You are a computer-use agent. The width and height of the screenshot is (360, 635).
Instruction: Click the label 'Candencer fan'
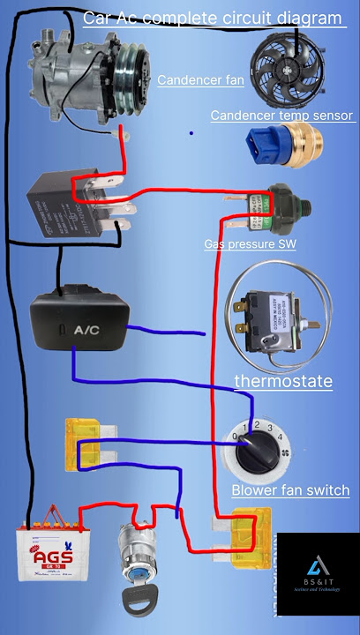pos(199,81)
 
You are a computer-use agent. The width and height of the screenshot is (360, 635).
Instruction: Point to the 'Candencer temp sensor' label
pos(281,116)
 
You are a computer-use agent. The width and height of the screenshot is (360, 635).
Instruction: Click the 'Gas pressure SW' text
pos(250,244)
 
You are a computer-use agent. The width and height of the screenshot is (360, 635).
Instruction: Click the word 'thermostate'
pos(283,381)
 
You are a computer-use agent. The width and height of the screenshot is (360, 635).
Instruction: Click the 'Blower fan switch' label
pos(290,490)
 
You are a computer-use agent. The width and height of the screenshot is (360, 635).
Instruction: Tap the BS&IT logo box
pos(318,574)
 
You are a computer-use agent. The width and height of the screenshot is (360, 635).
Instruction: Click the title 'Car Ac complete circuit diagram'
pos(212,18)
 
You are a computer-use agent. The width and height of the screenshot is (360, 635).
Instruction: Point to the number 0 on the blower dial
pos(233,436)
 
